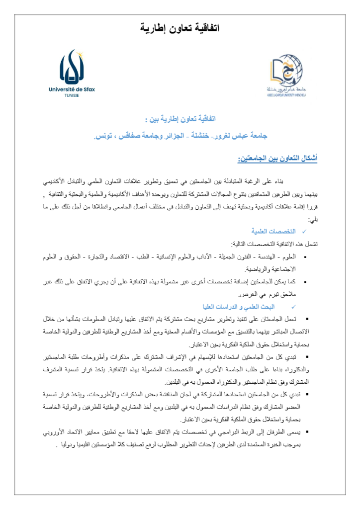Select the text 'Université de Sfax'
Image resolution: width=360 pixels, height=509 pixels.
(72, 89)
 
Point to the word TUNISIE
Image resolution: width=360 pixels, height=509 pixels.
(72, 95)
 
